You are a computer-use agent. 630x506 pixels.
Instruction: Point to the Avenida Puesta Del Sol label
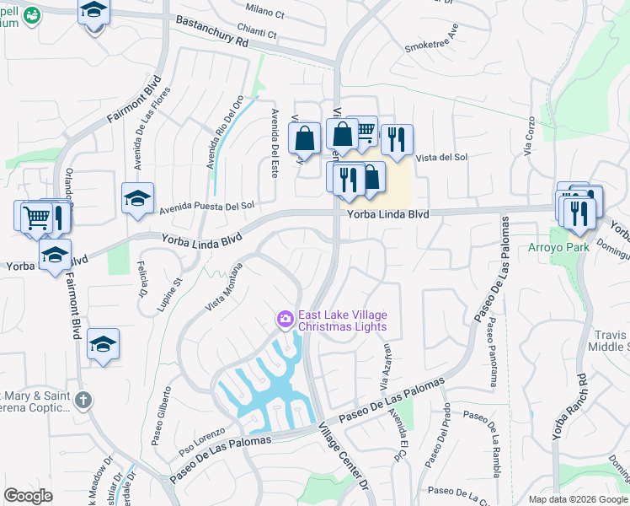pos(207,205)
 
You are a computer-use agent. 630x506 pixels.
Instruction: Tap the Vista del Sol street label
pos(442,157)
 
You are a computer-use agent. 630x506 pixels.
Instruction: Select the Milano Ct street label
pos(265,8)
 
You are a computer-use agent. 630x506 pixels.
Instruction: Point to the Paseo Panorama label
pos(491,356)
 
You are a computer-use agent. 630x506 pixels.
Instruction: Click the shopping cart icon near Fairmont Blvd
pos(36,218)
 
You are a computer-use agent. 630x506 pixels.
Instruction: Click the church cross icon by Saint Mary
pos(83,401)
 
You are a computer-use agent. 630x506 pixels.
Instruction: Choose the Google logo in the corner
pos(29,496)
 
